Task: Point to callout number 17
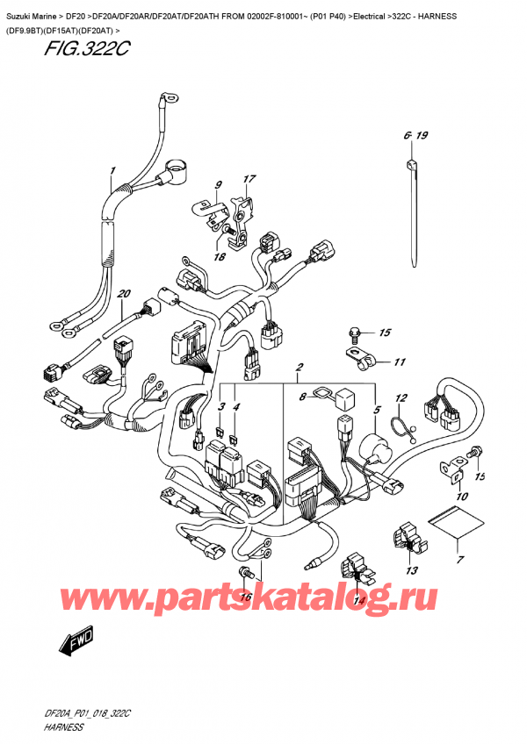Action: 249,180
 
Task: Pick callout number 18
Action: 219,257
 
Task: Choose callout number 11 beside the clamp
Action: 400,361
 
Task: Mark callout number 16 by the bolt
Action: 246,597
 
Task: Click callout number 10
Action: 462,497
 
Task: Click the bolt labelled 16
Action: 246,574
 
